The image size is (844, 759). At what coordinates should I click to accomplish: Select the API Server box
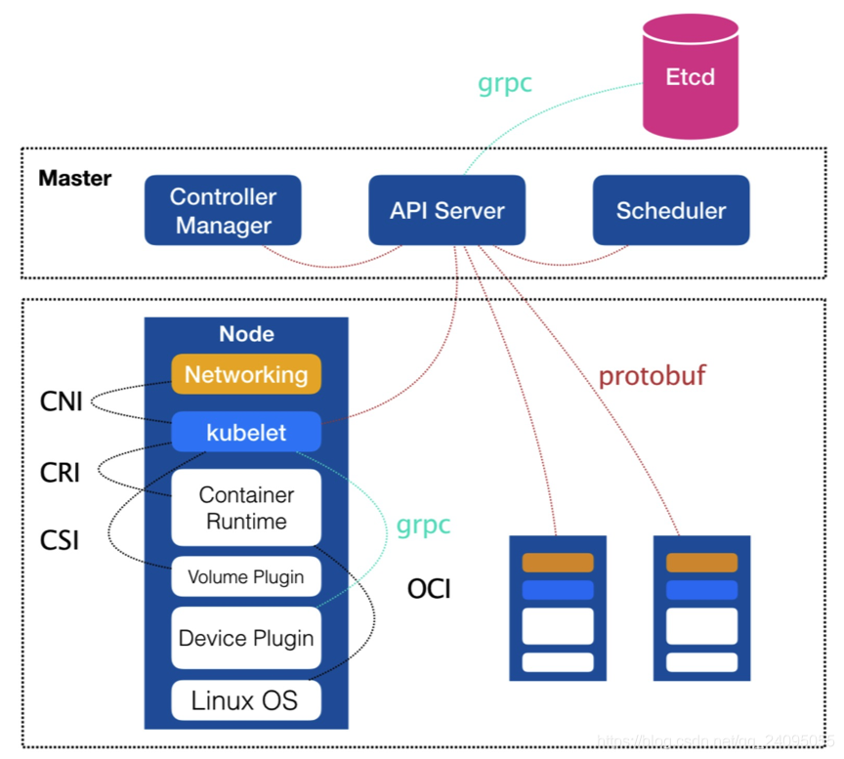(x=447, y=210)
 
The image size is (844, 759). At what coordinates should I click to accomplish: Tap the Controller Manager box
(x=223, y=210)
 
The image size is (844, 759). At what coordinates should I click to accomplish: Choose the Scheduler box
(x=671, y=210)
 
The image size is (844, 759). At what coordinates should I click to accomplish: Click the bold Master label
(x=75, y=180)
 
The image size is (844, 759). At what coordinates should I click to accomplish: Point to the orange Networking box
(x=246, y=374)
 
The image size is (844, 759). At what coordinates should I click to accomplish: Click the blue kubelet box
(x=246, y=432)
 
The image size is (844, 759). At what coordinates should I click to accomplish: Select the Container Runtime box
(x=246, y=508)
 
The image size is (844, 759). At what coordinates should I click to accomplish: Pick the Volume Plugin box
(x=246, y=576)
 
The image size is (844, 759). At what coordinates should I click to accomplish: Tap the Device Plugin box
(x=246, y=638)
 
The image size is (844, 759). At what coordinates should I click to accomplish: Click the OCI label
(x=429, y=589)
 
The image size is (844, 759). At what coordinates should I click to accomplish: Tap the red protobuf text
(x=652, y=376)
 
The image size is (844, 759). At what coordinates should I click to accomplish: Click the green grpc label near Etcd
(x=505, y=83)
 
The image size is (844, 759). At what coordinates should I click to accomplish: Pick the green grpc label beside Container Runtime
(x=423, y=525)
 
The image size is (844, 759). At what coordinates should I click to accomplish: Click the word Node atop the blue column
(x=246, y=334)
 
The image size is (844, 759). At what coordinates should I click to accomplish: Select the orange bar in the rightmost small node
(x=701, y=563)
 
